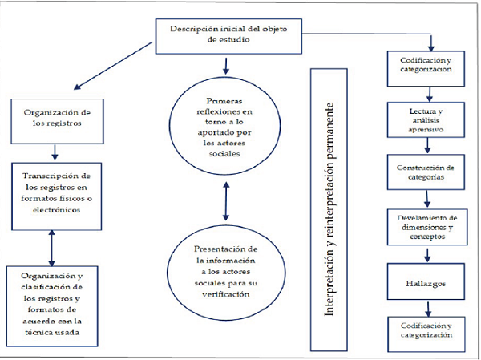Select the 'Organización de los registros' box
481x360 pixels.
(54, 118)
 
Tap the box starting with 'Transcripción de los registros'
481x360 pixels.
(53, 193)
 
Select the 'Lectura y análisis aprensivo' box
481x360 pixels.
(425, 119)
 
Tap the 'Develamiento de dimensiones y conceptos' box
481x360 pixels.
(426, 227)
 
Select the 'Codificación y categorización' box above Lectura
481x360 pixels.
(425, 64)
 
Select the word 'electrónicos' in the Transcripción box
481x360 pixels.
(53, 211)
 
